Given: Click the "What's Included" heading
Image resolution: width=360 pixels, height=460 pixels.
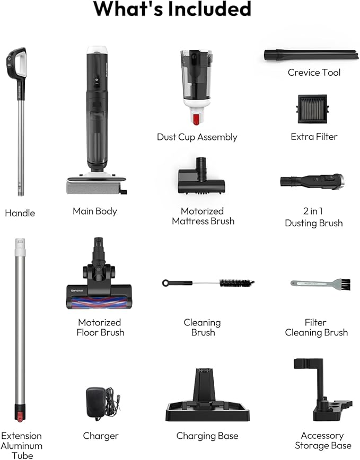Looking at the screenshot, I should (x=172, y=9).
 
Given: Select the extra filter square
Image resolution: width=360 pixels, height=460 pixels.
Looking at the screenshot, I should (x=312, y=109).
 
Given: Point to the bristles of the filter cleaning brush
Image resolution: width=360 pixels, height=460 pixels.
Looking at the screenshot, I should (x=344, y=285).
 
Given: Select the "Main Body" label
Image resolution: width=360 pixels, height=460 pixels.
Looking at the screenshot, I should (x=95, y=211).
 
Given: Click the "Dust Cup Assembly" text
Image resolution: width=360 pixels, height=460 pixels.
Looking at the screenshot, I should (x=197, y=137).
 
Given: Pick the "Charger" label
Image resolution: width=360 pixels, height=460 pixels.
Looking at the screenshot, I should (x=101, y=436).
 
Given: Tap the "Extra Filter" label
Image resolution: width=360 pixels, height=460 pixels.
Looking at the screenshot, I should (x=314, y=137).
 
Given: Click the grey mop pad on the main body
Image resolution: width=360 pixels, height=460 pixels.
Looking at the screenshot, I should (x=95, y=185).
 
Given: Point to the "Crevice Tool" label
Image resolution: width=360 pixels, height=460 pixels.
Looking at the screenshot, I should (x=314, y=72).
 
